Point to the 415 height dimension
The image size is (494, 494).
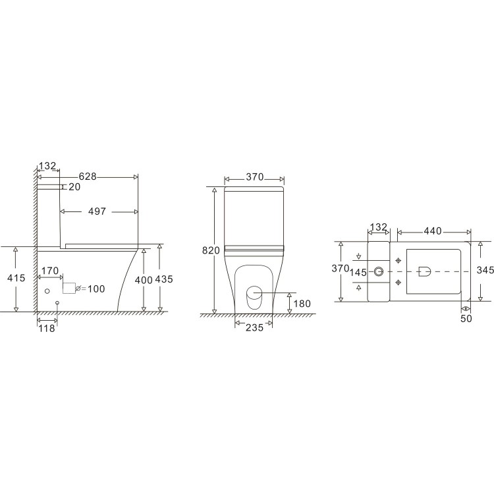tap(16, 278)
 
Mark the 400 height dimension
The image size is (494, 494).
tap(143, 279)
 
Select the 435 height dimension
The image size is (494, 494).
tap(163, 279)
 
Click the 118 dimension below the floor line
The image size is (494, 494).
tap(47, 327)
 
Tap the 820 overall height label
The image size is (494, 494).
tap(211, 250)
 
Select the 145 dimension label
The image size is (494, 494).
tap(358, 272)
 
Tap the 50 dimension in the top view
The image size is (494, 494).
tap(465, 318)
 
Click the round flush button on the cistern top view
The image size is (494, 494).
tap(378, 271)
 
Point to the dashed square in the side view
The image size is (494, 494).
tap(69, 288)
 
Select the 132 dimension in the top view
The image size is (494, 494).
tap(378, 227)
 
